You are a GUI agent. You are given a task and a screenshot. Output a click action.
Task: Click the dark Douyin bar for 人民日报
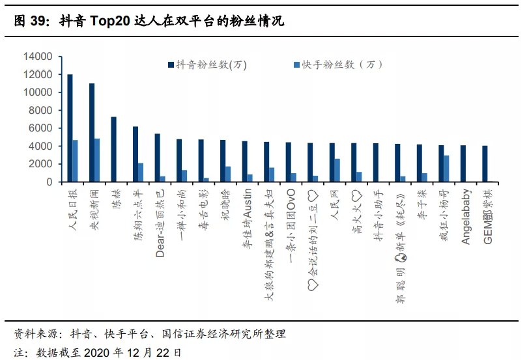(x=70, y=128)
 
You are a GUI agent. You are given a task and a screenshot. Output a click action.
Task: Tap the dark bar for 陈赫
(x=113, y=150)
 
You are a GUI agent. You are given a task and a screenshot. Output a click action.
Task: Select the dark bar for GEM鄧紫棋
(x=485, y=164)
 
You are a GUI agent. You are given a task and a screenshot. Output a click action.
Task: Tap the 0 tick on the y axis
(x=49, y=182)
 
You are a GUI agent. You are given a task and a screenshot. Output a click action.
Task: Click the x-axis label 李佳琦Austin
(x=246, y=220)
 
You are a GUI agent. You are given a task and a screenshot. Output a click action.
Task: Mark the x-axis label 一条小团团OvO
(x=291, y=225)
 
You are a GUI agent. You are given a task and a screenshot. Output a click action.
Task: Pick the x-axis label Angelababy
(x=465, y=217)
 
